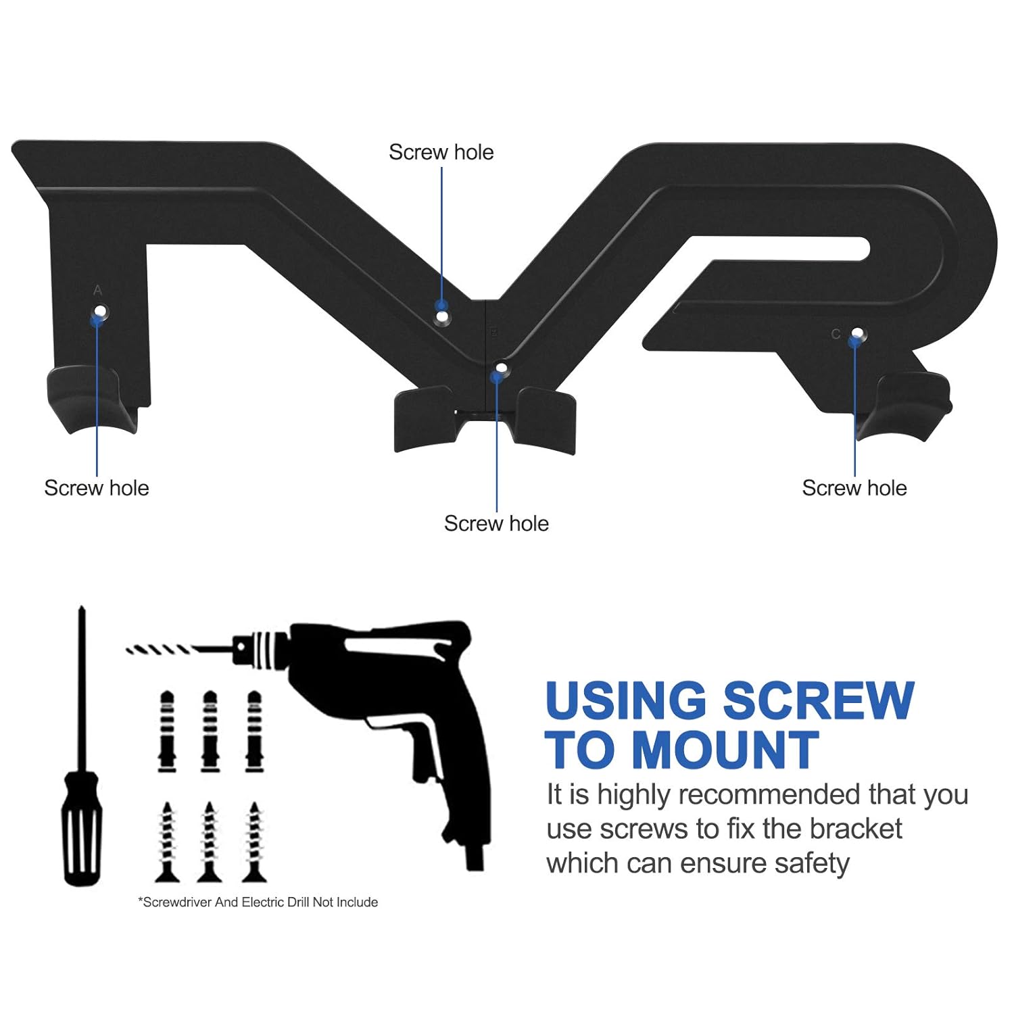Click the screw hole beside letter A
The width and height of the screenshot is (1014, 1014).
coord(101,312)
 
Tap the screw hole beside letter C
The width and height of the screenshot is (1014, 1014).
coord(857,333)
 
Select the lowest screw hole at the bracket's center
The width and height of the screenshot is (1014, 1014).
coord(501,368)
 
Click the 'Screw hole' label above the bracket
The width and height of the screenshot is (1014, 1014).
coord(441,152)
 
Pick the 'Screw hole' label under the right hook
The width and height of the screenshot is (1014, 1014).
coord(854,487)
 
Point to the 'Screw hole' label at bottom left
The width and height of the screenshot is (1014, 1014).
coord(96,487)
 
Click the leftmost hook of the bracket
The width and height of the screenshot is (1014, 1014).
coord(84,399)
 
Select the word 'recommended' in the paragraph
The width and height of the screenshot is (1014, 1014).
coord(769,795)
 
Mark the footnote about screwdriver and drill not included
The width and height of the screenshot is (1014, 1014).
coord(258,902)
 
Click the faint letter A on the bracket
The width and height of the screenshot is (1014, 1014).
coord(98,290)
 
